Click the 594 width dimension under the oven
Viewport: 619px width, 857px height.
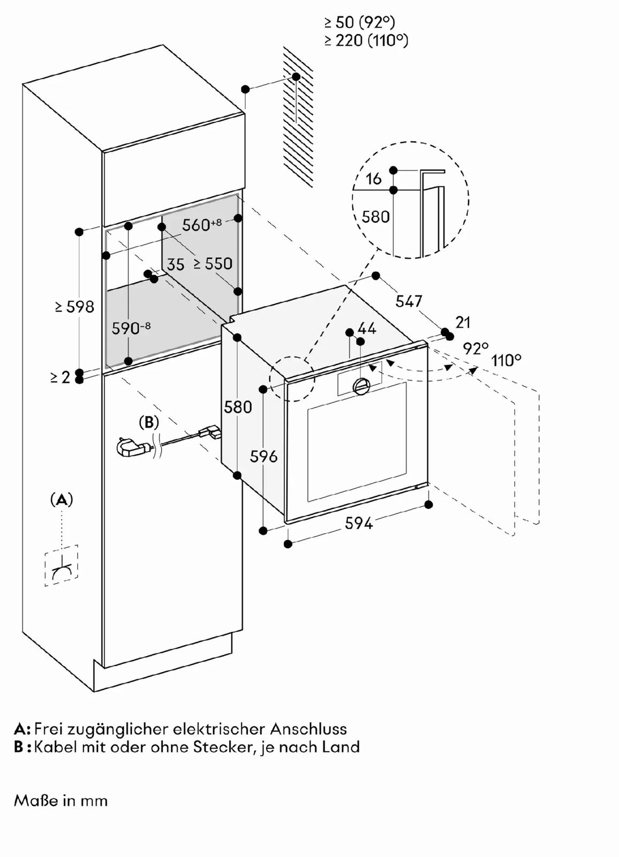(x=358, y=523)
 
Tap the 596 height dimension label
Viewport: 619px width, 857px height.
(x=263, y=456)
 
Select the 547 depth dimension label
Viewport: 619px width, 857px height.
(x=409, y=301)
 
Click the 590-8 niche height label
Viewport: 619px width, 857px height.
(x=131, y=328)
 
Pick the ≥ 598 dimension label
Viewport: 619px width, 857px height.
(x=74, y=307)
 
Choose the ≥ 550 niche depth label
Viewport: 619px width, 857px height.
(x=213, y=264)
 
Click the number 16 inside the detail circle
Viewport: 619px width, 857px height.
(x=373, y=179)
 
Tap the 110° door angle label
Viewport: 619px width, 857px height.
(x=507, y=360)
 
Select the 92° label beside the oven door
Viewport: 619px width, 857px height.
(x=475, y=348)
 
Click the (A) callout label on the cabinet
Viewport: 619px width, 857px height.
(x=62, y=500)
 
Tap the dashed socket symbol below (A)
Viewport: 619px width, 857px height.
(x=62, y=566)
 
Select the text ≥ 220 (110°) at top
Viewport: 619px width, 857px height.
(x=366, y=40)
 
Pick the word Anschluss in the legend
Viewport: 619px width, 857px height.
(x=308, y=729)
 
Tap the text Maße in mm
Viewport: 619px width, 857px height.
(x=61, y=801)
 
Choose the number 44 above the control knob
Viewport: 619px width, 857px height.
(x=367, y=328)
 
